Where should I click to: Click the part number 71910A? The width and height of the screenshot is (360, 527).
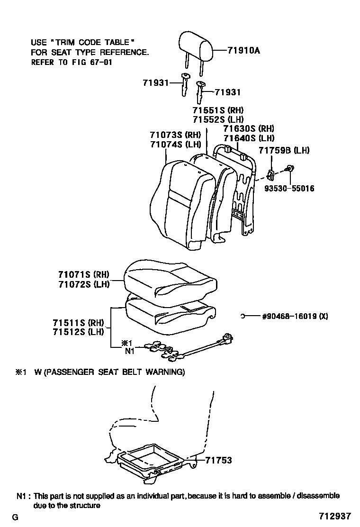(x=243, y=50)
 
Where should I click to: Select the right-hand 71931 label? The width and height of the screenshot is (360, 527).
(x=228, y=92)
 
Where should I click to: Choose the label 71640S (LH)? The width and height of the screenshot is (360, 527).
(x=249, y=138)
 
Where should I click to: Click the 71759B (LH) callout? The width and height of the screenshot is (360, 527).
(x=284, y=151)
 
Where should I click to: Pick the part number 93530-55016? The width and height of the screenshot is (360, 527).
(x=290, y=189)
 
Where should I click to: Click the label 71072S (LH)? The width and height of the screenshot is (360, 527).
(x=84, y=284)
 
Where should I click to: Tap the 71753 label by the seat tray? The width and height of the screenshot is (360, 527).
(x=219, y=460)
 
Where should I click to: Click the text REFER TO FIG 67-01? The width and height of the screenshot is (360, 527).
(x=72, y=62)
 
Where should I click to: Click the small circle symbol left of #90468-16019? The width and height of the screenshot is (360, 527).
(x=242, y=317)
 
